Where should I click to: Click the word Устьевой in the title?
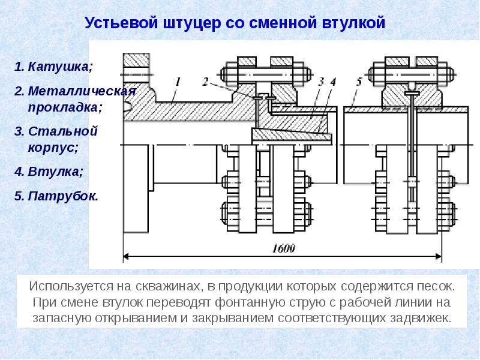point(122,23)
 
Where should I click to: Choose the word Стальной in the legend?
point(63,131)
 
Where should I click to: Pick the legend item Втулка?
point(56,172)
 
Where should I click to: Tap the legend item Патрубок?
point(64,196)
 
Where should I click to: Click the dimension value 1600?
point(283,248)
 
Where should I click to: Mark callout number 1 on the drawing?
point(178,82)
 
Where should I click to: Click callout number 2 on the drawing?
point(205,82)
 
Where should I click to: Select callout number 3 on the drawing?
point(321,82)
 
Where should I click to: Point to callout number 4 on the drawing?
point(333,82)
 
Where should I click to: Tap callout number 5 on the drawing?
point(359,82)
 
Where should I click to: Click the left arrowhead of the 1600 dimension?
point(126,257)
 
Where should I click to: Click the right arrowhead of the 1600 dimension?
point(439,257)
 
